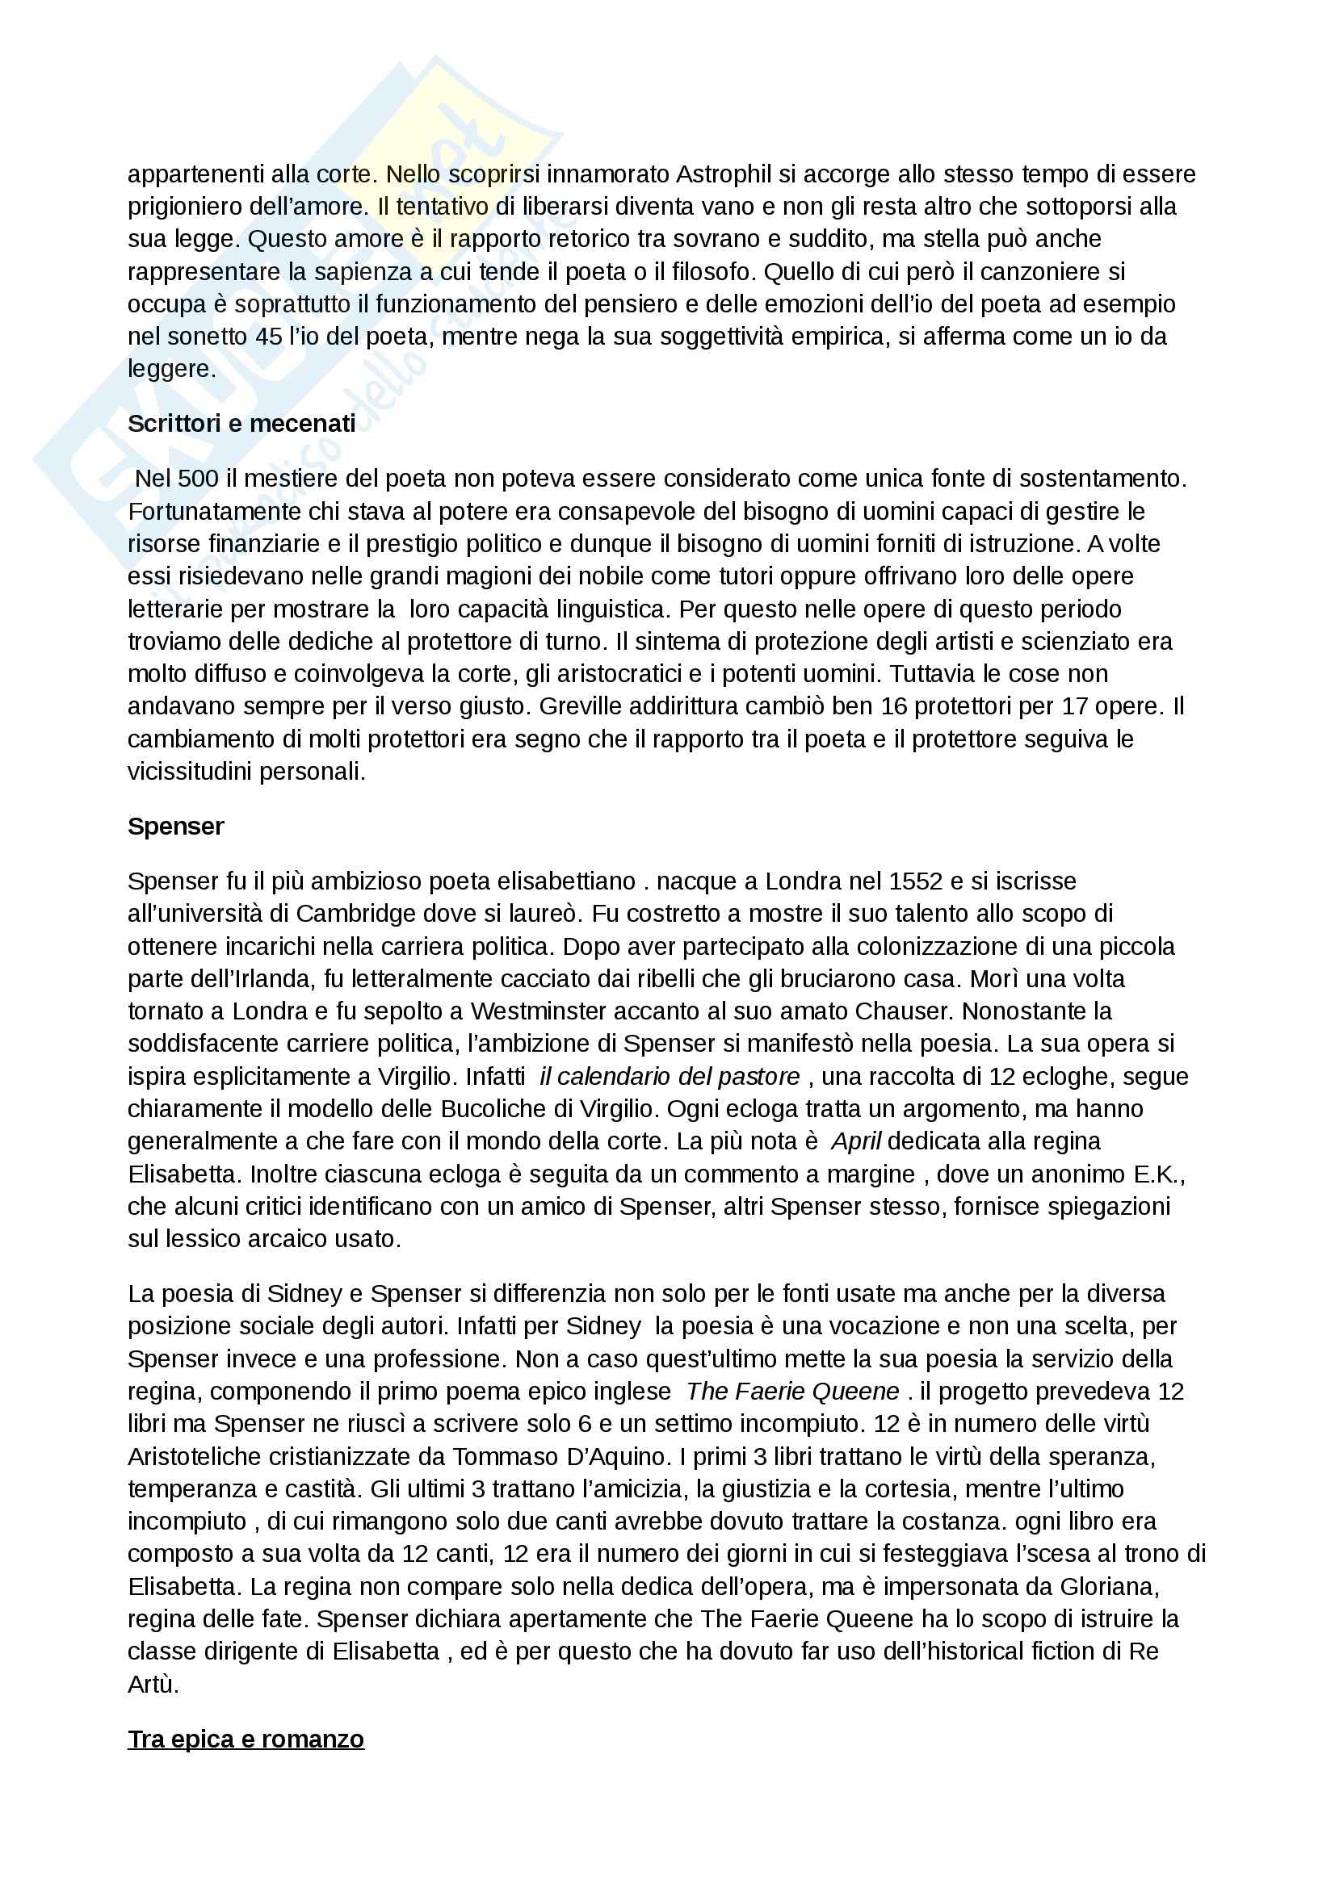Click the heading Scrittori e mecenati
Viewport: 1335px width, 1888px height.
[241, 424]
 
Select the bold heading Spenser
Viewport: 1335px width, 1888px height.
[175, 827]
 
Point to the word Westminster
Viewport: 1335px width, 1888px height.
[550, 1011]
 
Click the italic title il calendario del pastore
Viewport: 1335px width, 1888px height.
[670, 1077]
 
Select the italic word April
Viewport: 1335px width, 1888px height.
[855, 1141]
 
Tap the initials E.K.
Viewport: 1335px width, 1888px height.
[1158, 1174]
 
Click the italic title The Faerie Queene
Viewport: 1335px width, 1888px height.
[792, 1392]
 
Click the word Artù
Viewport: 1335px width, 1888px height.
[152, 1684]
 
